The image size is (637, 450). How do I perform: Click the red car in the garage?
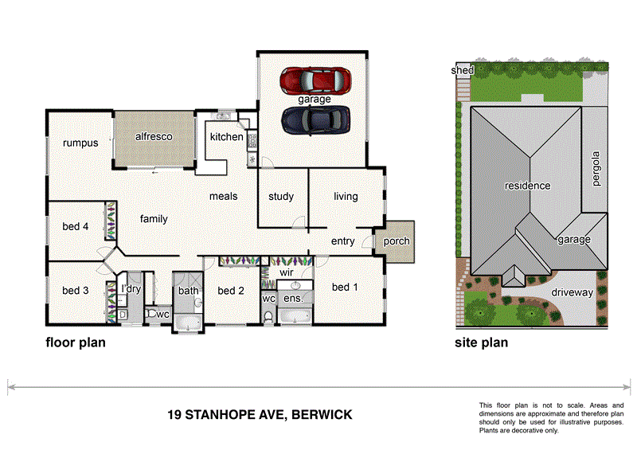pos(315,80)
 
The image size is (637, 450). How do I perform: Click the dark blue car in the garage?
pos(315,119)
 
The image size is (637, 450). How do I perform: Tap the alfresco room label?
pos(153,136)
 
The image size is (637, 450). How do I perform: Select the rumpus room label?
pos(80,143)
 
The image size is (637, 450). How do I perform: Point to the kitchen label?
pos(226,137)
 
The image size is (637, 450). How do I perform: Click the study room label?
pos(281,197)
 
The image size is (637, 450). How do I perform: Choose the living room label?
pos(346,197)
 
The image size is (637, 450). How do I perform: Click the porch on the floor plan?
pos(397,241)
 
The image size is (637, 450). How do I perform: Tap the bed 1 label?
pos(346,287)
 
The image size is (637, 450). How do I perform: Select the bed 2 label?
pos(230,291)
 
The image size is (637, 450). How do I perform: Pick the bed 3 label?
pos(76,291)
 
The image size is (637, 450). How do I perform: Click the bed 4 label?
pos(76,227)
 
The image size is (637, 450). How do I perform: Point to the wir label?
pos(287,272)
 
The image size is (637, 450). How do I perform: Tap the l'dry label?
pos(131,289)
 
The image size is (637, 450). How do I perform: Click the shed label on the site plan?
pos(462,71)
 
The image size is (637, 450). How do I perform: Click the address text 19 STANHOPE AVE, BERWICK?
pos(260,415)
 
